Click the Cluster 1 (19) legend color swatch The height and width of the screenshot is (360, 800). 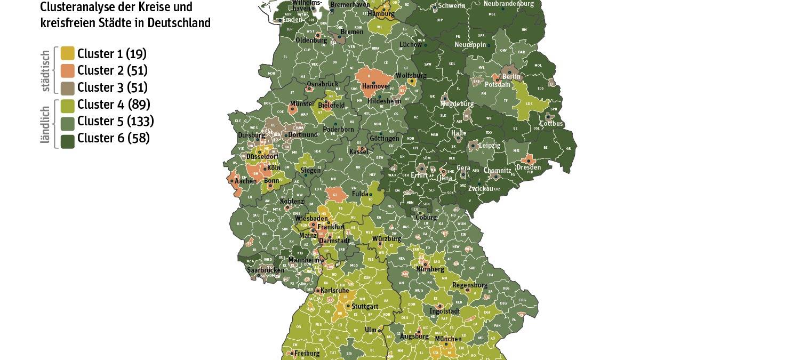[x=67, y=53]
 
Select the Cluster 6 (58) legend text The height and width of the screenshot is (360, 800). [x=113, y=138]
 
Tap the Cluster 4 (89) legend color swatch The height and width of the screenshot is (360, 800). [x=67, y=105]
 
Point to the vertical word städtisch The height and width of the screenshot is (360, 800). [x=46, y=71]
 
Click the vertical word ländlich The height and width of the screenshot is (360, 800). [x=46, y=125]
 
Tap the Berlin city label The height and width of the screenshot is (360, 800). [x=511, y=77]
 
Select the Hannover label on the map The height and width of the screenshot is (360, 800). [x=376, y=86]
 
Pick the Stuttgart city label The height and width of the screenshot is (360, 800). [x=365, y=307]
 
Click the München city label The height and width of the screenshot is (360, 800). [x=448, y=339]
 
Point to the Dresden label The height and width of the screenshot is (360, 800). [x=528, y=167]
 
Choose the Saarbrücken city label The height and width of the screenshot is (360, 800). [x=265, y=270]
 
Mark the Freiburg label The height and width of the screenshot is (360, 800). [x=307, y=353]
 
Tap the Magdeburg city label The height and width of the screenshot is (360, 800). [x=458, y=104]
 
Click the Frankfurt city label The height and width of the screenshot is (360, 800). [x=331, y=227]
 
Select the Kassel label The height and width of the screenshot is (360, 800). [x=358, y=152]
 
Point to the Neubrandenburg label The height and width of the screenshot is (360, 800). [x=508, y=4]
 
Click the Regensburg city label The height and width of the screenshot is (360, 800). [x=470, y=285]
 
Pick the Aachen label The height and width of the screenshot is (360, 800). [x=245, y=181]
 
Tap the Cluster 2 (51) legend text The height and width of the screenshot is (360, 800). [x=112, y=70]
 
